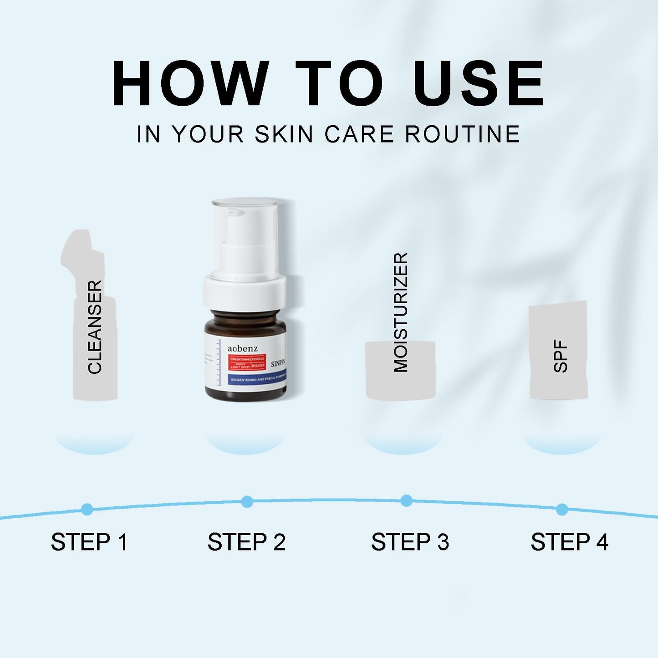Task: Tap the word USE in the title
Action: pyautogui.click(x=478, y=84)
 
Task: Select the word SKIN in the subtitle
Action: pyautogui.click(x=284, y=134)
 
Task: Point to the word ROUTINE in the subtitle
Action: pyautogui.click(x=462, y=134)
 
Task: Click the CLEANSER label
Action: pyautogui.click(x=95, y=327)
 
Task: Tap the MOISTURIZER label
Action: pyautogui.click(x=401, y=312)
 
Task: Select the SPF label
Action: pyautogui.click(x=561, y=356)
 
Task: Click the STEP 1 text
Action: pyautogui.click(x=89, y=542)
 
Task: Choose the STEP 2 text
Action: pyautogui.click(x=246, y=542)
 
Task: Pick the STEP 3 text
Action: pyautogui.click(x=410, y=542)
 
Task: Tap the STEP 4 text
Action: pyautogui.click(x=569, y=542)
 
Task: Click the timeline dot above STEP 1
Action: pyautogui.click(x=87, y=509)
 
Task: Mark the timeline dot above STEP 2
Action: pyautogui.click(x=247, y=502)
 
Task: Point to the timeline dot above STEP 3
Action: pyautogui.click(x=406, y=501)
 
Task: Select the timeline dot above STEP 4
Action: pyautogui.click(x=562, y=509)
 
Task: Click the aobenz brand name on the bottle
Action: pyautogui.click(x=243, y=348)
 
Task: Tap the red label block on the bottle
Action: pyautogui.click(x=247, y=362)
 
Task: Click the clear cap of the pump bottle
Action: pyautogui.click(x=245, y=237)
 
